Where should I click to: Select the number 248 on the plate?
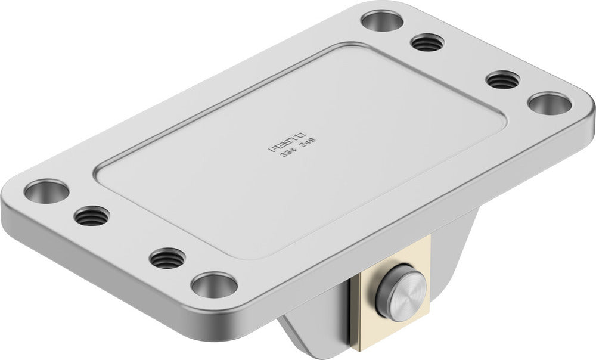pos(308,144)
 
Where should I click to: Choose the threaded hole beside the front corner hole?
pos(167,258)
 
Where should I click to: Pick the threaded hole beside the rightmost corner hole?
pos(503,79)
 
